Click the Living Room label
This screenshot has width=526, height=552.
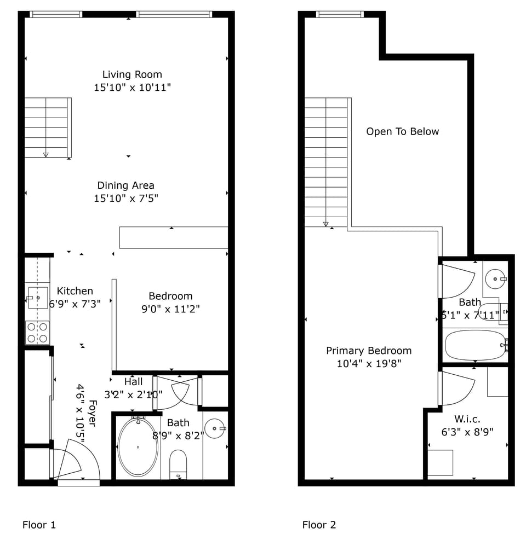point(132,74)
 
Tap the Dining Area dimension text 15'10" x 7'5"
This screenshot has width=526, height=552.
point(126,199)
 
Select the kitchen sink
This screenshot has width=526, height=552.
point(38,298)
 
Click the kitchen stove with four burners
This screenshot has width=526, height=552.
point(37,333)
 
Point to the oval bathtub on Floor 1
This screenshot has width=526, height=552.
point(138,447)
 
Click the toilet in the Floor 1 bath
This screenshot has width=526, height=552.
point(178,464)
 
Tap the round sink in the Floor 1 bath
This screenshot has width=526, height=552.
point(215,428)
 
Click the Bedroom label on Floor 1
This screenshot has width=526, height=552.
point(170,296)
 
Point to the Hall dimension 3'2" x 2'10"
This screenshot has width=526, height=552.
point(133,394)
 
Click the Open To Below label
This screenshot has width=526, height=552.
point(403,132)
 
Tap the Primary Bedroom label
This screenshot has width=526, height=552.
point(369,351)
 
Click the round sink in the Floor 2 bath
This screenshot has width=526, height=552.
point(495,279)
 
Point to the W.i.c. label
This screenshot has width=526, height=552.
point(467,419)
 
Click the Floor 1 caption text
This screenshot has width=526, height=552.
point(39,525)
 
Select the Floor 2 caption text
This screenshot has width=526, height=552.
point(319,525)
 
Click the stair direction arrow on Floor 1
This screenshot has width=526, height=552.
point(46,154)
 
